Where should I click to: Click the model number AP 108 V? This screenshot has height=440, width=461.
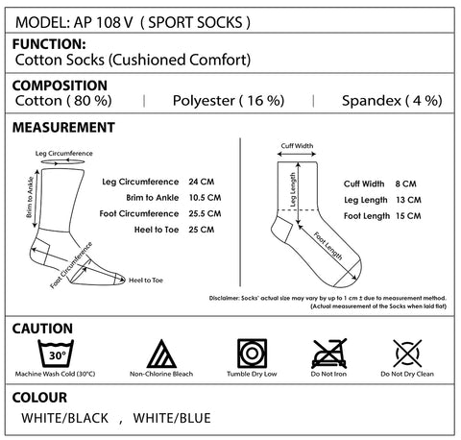pyautogui.click(x=103, y=22)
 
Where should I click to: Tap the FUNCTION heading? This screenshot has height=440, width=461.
pyautogui.click(x=49, y=44)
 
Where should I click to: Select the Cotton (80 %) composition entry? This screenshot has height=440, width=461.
pyautogui.click(x=63, y=101)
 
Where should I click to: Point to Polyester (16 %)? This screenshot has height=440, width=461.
pyautogui.click(x=229, y=101)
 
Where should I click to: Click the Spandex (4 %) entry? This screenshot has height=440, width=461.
pyautogui.click(x=392, y=101)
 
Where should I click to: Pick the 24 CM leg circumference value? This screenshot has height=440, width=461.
pyautogui.click(x=202, y=182)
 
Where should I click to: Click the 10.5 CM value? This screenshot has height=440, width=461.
pyautogui.click(x=205, y=198)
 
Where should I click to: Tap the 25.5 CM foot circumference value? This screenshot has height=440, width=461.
pyautogui.click(x=205, y=213)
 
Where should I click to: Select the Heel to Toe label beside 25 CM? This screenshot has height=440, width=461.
pyautogui.click(x=157, y=230)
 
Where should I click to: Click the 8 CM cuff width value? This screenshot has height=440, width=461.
pyautogui.click(x=405, y=183)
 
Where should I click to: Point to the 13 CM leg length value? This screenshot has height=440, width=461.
pyautogui.click(x=408, y=200)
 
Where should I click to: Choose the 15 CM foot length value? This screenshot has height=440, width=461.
pyautogui.click(x=408, y=216)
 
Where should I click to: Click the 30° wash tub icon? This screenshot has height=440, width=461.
pyautogui.click(x=56, y=354)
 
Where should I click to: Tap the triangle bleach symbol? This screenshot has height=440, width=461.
pyautogui.click(x=161, y=354)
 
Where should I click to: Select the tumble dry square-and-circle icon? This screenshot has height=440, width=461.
pyautogui.click(x=252, y=354)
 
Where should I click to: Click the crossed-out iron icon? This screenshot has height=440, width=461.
pyautogui.click(x=329, y=354)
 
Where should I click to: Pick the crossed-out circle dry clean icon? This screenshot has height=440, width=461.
pyautogui.click(x=407, y=354)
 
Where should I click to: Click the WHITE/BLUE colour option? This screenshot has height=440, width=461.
pyautogui.click(x=172, y=418)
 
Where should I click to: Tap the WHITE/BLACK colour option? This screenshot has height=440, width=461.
pyautogui.click(x=65, y=418)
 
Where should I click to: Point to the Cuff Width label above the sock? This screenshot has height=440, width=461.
pyautogui.click(x=297, y=146)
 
